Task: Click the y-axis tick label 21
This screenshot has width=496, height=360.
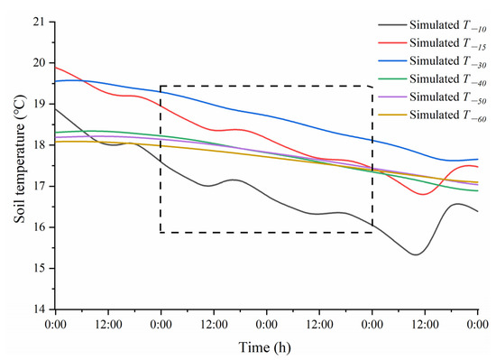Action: (x=40, y=22)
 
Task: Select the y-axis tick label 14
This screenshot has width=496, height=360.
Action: (x=40, y=309)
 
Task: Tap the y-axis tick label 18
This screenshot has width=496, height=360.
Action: (x=40, y=144)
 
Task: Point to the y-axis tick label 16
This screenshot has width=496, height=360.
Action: (x=40, y=227)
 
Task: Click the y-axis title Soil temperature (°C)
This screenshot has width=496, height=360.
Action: (x=14, y=165)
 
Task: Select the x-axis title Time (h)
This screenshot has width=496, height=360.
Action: (x=266, y=346)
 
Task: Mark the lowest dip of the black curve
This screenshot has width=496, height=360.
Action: (x=415, y=254)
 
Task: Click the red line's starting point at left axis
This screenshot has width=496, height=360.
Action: (x=56, y=67)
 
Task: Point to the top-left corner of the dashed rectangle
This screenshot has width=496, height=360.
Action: (x=161, y=87)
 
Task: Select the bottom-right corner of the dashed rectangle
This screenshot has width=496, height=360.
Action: (x=372, y=233)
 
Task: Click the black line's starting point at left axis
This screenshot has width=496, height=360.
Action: (x=56, y=109)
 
